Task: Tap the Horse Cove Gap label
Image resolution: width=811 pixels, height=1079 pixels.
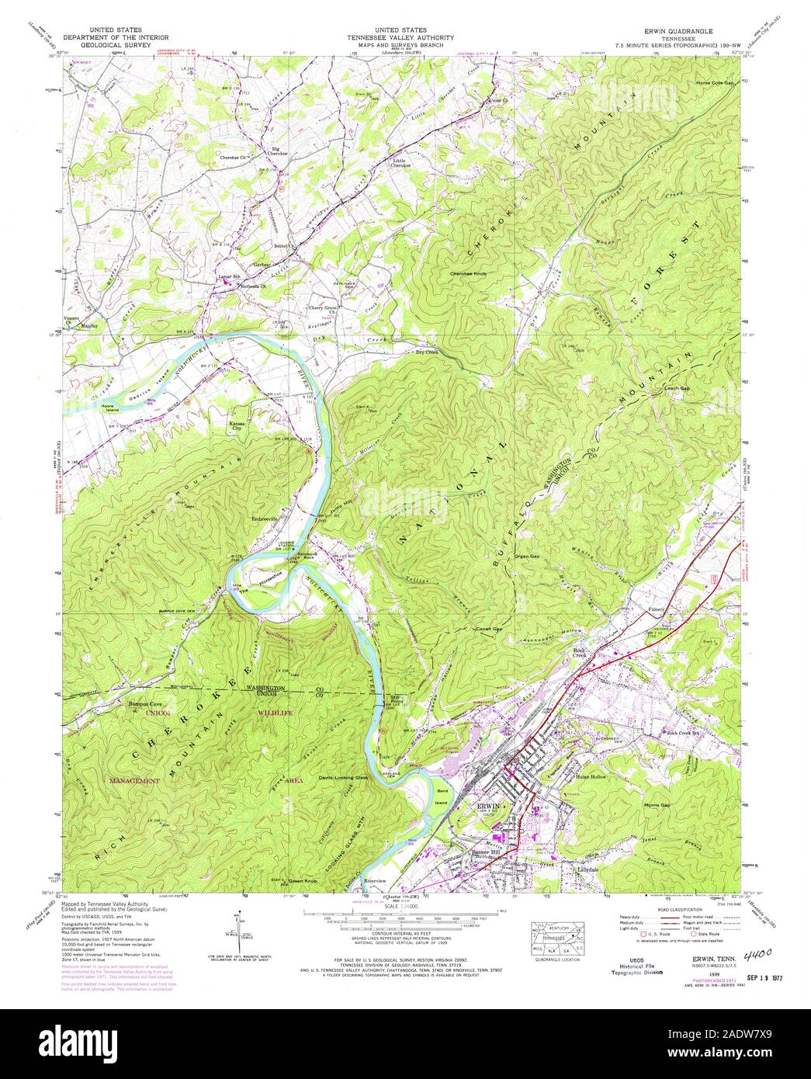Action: point(714,82)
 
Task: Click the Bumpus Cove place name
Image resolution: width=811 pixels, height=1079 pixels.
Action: point(145,705)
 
